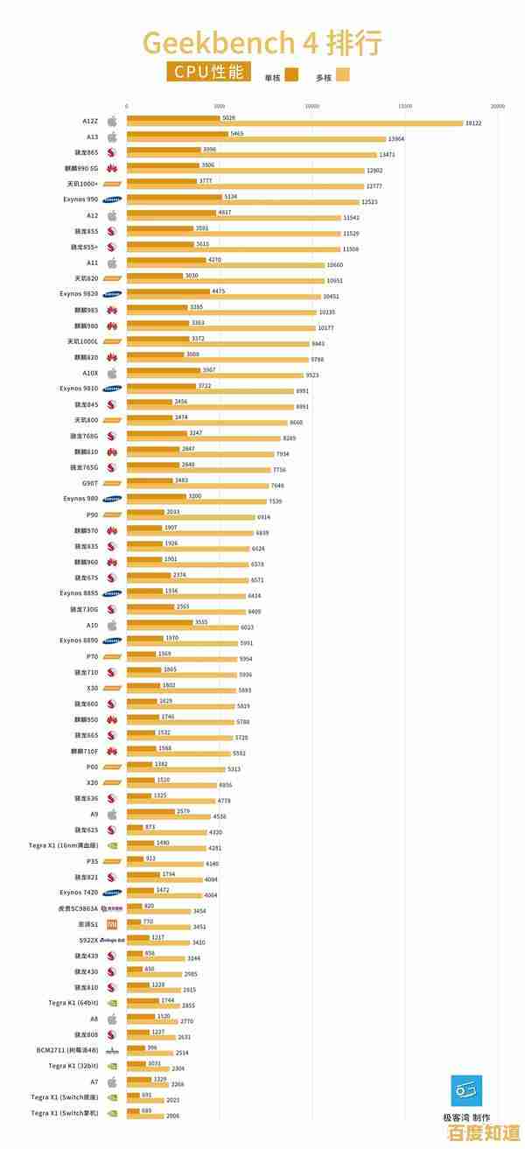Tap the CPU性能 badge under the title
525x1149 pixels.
pos(206,73)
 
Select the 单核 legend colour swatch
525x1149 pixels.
pos(292,75)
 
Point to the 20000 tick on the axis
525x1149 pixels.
pos(498,106)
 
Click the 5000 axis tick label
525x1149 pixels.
pos(219,106)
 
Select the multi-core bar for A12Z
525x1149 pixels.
pos(295,123)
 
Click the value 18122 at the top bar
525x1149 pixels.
pos(473,123)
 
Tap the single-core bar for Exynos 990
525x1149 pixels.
pos(174,197)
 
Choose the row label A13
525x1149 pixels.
pos(92,137)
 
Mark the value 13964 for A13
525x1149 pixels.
pos(396,139)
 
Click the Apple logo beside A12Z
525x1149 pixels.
pos(112,121)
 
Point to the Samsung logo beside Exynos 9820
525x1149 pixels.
pos(112,294)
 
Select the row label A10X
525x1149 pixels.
pos(90,373)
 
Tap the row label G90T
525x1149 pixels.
pos(90,483)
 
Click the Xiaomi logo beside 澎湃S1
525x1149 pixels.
pos(112,924)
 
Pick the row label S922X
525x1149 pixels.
pos(88,940)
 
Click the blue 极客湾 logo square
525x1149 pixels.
pos(466,1090)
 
